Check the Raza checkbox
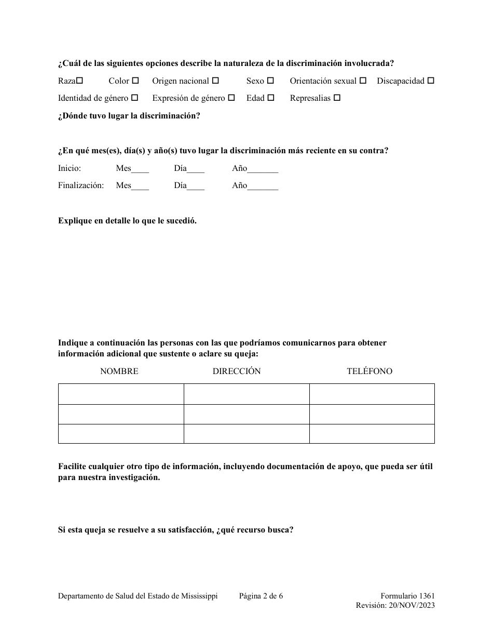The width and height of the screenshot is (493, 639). point(79,81)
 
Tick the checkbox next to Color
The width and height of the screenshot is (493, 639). point(135,81)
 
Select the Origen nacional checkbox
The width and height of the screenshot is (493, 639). point(216,81)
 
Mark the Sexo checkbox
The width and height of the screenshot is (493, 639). point(270,81)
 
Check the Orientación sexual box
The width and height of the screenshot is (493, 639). point(363,81)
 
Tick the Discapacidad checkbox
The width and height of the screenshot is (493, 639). point(431,81)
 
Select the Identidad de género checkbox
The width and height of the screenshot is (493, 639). point(134,98)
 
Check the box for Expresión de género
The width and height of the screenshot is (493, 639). point(231,98)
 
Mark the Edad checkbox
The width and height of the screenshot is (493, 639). point(271,98)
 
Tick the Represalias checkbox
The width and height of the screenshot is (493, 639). point(337,98)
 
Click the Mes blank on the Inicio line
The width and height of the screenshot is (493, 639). point(140,169)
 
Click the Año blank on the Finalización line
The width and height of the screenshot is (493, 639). point(263,187)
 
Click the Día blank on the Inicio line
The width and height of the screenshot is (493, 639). point(196,169)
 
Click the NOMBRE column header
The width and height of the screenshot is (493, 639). point(119,371)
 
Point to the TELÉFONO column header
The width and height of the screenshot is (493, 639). point(369,371)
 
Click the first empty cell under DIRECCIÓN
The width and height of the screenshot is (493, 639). point(246,394)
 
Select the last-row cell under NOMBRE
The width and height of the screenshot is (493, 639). point(121,434)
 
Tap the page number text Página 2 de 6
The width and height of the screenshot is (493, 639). point(261,596)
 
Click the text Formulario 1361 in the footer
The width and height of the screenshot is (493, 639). point(407,596)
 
